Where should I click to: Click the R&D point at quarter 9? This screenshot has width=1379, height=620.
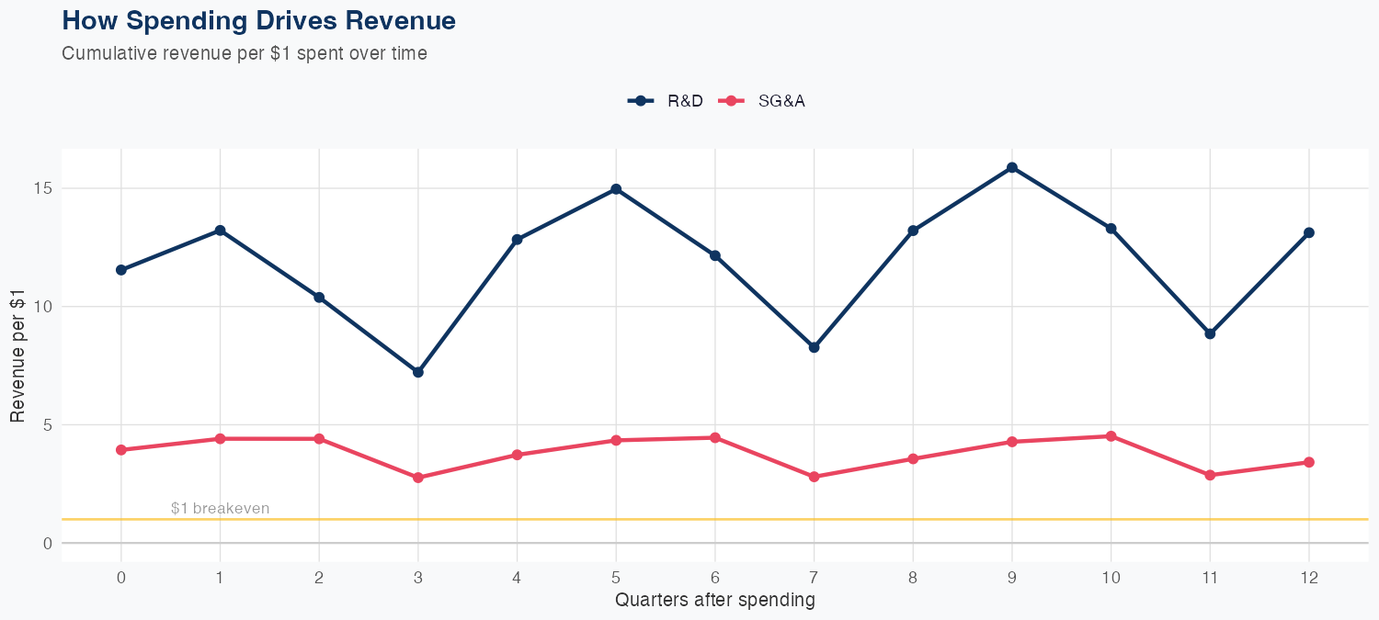tap(1012, 167)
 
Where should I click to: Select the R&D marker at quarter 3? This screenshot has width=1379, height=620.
tap(418, 372)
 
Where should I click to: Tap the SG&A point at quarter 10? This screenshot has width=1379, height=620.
tap(1111, 436)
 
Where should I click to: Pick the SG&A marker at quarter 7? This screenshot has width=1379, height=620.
tap(814, 477)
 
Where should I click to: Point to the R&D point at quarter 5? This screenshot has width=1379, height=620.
tap(616, 189)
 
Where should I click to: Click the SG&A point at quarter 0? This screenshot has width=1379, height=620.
tap(121, 450)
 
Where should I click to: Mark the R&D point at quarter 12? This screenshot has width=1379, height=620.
tap(1308, 232)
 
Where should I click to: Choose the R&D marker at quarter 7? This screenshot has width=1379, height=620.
tap(814, 347)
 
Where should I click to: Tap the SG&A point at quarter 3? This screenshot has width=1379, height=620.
tap(418, 478)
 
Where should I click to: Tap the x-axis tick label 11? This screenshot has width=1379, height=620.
tap(1210, 578)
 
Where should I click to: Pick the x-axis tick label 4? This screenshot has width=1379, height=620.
tap(517, 578)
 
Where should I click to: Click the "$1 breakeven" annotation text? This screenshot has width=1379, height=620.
tap(221, 509)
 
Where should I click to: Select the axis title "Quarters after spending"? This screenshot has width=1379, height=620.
tap(714, 601)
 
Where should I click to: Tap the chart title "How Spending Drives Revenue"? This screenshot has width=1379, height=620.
tap(258, 20)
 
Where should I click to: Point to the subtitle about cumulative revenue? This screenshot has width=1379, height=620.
tap(244, 53)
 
